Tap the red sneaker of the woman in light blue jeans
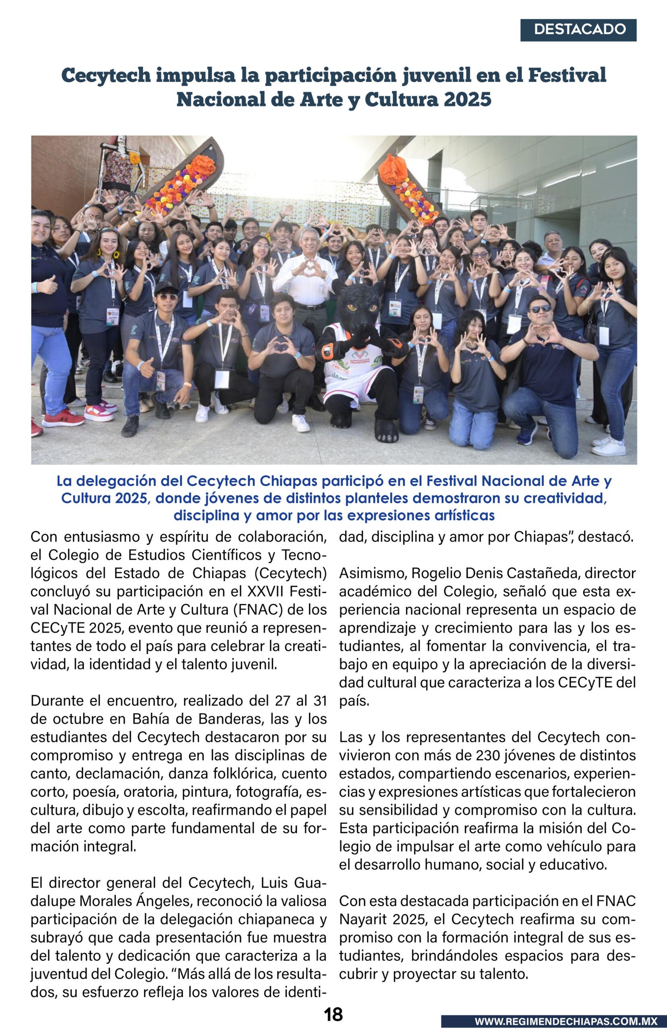63,419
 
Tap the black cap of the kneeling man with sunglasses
166,287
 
